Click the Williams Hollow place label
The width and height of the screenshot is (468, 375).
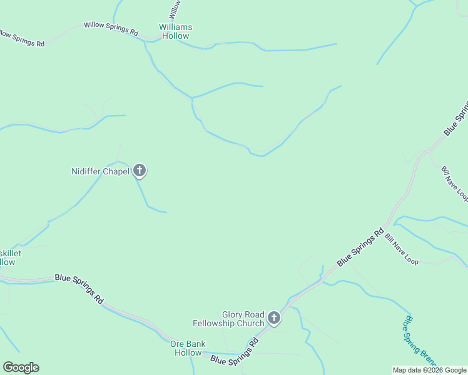(175, 32)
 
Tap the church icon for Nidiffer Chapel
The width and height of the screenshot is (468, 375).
(139, 171)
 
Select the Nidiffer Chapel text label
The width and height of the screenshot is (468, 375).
(100, 171)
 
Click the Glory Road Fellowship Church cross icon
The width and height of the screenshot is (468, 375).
(273, 319)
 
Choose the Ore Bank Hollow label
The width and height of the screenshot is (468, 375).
(188, 348)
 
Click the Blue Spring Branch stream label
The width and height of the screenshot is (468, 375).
(419, 341)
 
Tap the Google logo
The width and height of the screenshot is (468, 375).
(21, 367)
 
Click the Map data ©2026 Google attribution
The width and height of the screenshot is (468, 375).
(430, 370)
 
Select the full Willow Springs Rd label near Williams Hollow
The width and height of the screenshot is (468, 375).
(111, 28)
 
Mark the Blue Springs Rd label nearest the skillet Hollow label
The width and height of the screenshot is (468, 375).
(79, 288)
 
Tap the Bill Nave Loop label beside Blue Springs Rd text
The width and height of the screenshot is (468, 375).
(401, 247)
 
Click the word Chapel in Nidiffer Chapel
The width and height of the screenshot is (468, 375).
(116, 171)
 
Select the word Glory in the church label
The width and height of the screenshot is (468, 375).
(234, 314)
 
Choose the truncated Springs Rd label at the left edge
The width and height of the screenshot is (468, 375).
(23, 39)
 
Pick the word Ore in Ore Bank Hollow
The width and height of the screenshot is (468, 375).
(177, 344)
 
